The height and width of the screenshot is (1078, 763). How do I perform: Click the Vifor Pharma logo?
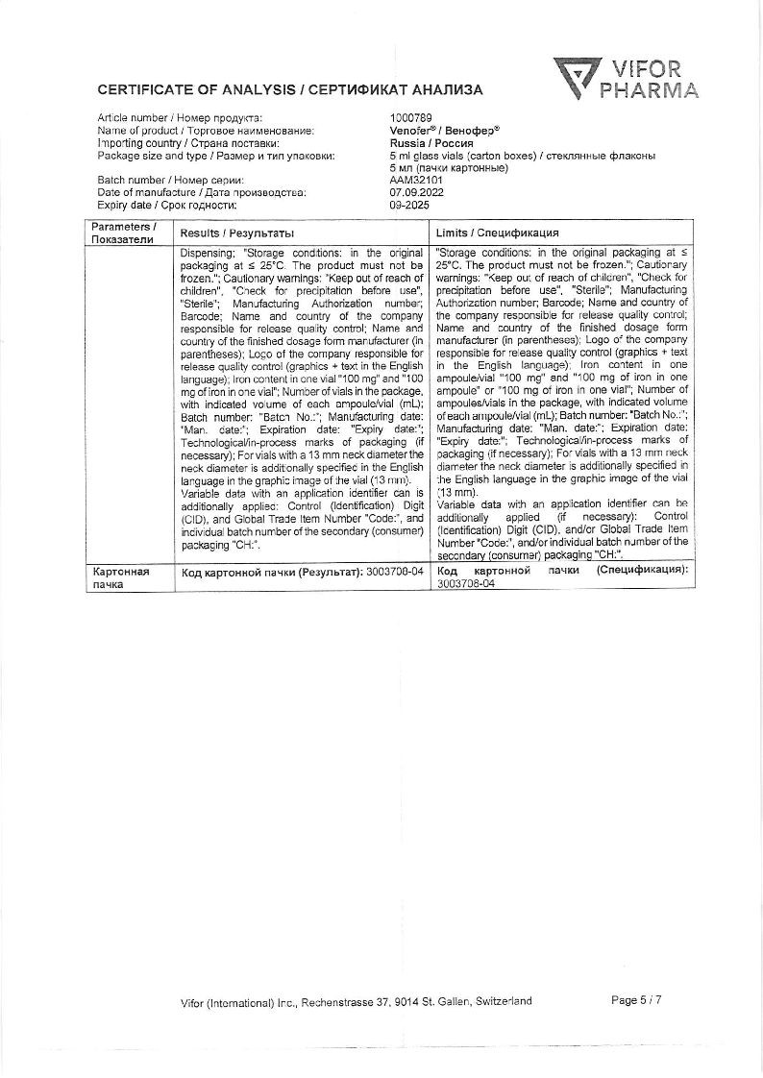626,80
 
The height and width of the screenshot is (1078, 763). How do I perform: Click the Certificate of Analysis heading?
290,90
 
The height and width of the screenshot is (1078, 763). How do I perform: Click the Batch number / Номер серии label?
170,180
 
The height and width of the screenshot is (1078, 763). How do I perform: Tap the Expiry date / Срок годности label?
166,205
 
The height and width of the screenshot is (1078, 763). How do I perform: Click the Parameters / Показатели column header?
122,233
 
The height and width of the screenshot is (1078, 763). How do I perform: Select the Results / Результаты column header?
237,233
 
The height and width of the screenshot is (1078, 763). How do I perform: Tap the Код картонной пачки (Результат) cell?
302,571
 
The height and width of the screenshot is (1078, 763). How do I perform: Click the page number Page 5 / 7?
636,1000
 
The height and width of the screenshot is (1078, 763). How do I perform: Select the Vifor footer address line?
356,1001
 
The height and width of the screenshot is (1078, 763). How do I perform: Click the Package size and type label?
216,155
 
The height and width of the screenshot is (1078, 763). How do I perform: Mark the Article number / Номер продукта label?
180,117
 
